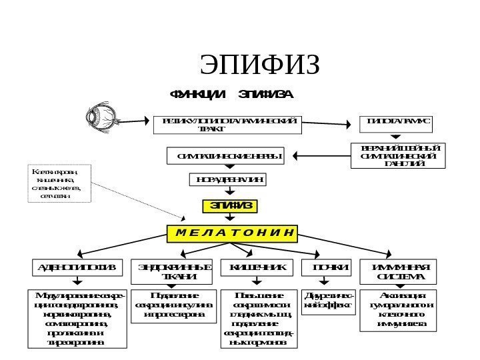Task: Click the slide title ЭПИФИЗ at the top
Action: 260,65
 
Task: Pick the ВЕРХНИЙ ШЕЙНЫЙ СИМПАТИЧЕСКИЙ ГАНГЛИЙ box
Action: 399,155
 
